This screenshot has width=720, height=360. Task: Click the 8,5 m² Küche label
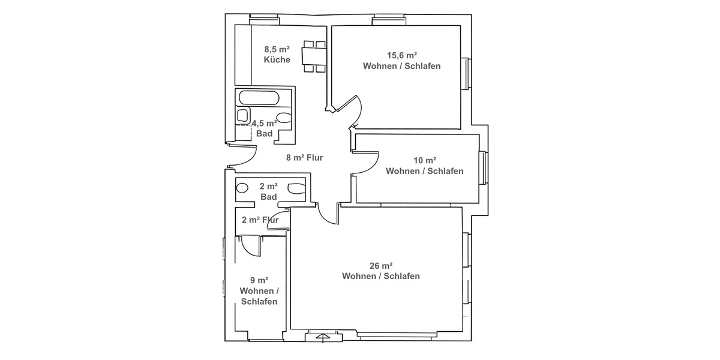[277, 55]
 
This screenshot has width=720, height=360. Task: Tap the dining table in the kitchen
[314, 56]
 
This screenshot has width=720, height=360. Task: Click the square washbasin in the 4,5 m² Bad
[243, 115]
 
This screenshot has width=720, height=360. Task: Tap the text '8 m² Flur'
[305, 158]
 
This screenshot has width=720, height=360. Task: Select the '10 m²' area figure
[424, 160]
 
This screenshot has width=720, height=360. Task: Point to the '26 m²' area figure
[380, 265]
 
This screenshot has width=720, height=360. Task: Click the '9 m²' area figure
[259, 280]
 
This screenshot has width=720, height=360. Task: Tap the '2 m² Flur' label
[260, 220]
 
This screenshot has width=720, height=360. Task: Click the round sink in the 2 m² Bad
[243, 188]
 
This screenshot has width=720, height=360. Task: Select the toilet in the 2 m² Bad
[296, 188]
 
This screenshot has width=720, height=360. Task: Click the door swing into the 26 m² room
[329, 215]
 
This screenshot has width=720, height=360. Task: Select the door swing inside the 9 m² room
[249, 245]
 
